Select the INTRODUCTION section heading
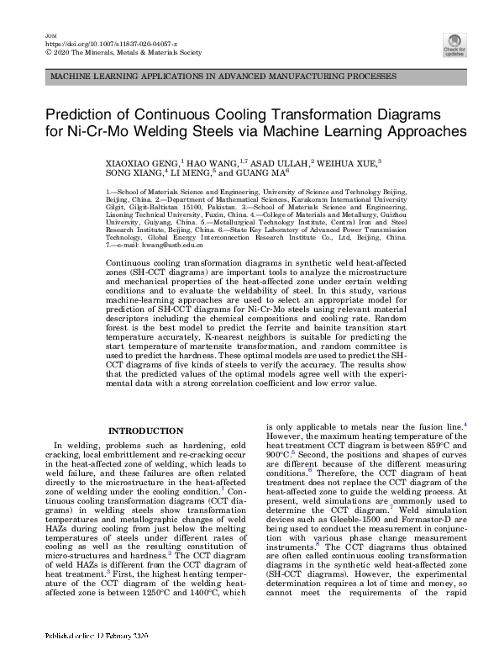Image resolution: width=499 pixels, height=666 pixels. click(146, 431)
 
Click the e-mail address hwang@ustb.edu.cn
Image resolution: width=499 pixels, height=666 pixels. click(167, 244)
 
